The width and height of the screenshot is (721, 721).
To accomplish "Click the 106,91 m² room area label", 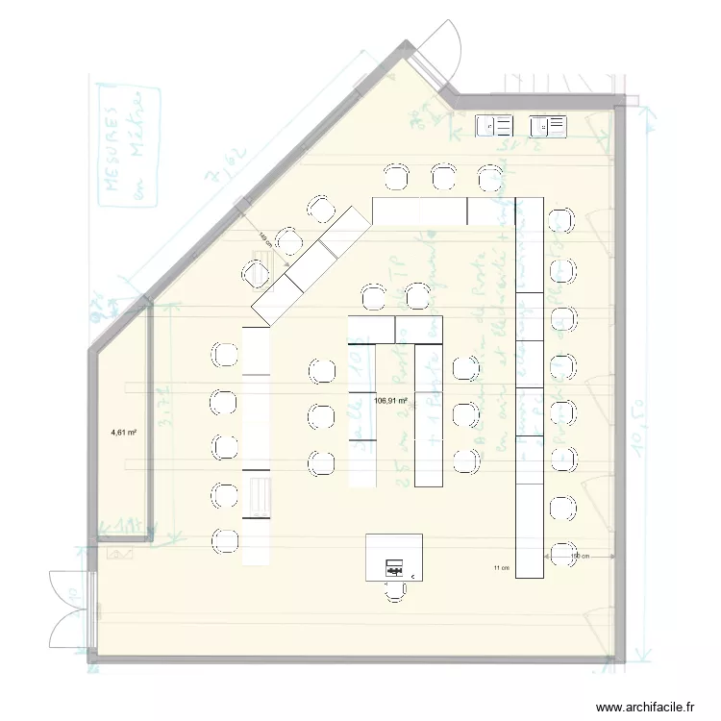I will [x=391, y=401].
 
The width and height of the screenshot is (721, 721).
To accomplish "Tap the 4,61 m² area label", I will [x=123, y=433].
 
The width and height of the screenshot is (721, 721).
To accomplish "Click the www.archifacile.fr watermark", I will [x=645, y=707].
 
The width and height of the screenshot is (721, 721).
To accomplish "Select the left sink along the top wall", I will [x=496, y=125].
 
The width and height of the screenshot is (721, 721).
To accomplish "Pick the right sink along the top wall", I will [x=549, y=125].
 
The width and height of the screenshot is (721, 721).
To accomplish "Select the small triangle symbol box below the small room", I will [x=121, y=555].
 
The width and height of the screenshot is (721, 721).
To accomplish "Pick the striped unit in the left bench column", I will [x=257, y=494].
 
